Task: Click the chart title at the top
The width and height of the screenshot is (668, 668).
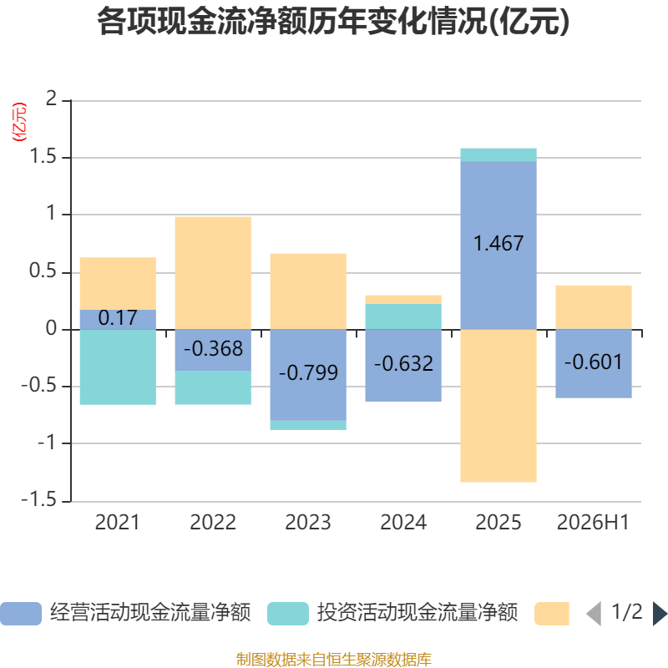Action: [x=333, y=22]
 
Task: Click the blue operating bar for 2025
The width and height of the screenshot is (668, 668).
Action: [x=498, y=245]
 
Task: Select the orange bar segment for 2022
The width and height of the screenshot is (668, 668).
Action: [x=213, y=273]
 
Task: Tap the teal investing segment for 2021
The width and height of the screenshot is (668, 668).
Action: [x=118, y=367]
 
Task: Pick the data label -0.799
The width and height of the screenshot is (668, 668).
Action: [x=308, y=372]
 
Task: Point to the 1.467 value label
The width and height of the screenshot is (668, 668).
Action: [x=498, y=243]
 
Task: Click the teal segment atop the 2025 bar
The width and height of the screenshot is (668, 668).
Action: [x=498, y=155]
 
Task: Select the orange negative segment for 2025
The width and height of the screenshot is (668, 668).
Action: [x=498, y=406]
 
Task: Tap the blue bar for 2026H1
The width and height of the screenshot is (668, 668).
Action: [x=594, y=364]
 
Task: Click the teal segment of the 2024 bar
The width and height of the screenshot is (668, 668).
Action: [x=403, y=316]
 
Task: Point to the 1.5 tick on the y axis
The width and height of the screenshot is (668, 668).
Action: [x=43, y=157]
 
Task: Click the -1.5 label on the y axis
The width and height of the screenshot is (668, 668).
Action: [x=38, y=499]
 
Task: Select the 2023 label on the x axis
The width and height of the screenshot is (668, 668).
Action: [x=308, y=523]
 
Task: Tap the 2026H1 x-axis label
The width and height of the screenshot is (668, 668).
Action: [x=594, y=523]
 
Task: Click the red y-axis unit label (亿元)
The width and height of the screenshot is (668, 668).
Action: [x=19, y=122]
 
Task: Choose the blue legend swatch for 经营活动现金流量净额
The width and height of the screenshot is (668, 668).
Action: [x=21, y=614]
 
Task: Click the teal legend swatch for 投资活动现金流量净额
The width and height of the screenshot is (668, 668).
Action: [x=288, y=614]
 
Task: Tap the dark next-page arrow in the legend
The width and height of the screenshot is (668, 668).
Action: [x=660, y=614]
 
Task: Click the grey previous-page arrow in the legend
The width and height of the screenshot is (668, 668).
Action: [x=595, y=614]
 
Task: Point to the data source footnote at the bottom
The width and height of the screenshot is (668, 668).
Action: [x=334, y=659]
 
